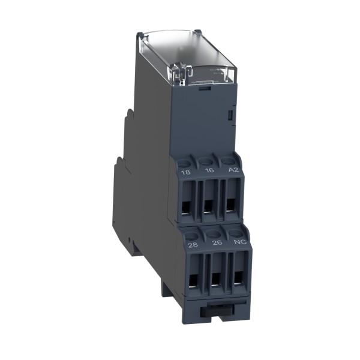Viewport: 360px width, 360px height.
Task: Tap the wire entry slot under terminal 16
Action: click(x=208, y=205)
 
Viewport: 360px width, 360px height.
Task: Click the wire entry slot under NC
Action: click(x=239, y=275)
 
